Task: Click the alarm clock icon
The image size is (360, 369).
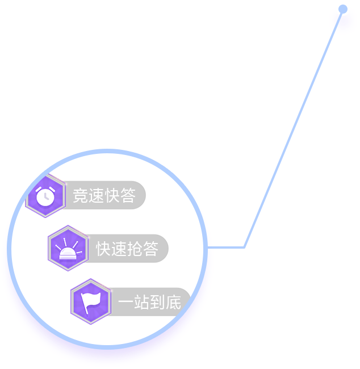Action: pos(45,196)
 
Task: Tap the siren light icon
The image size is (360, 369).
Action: pos(68,249)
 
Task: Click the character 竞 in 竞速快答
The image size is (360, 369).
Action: pos(81,195)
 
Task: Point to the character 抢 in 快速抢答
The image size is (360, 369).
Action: pos(135,249)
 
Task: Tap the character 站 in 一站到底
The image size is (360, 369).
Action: pos(142,302)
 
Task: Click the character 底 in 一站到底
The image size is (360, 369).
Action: pos(174,302)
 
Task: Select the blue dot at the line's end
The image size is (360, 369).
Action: pos(343,9)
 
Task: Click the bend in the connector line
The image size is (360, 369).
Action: pos(244,247)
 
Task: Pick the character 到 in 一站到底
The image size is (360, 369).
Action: pos(157,302)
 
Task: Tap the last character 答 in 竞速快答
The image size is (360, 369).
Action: pos(128,195)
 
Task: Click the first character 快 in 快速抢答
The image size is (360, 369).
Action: pos(103,249)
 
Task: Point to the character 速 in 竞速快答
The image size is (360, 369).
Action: pos(97,195)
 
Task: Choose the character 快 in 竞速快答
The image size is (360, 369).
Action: pos(112,195)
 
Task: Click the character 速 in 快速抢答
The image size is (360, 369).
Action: pos(119,249)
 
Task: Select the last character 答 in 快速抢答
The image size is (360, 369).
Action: pos(150,249)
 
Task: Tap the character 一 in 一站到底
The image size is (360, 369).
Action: pos(125,301)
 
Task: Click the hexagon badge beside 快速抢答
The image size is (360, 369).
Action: pos(68,248)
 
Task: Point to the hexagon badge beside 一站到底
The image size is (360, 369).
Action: pos(91,301)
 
